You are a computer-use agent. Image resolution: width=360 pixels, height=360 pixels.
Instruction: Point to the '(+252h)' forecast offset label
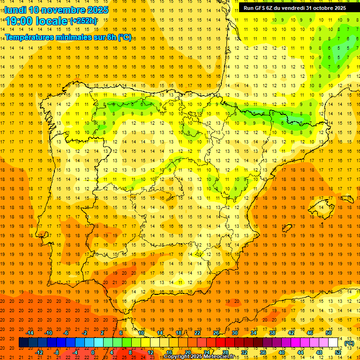click(x=83, y=21)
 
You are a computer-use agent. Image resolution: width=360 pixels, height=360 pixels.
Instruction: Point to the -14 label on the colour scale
click(x=30, y=333)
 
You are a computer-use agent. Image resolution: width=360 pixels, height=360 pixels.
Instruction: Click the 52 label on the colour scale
click(x=338, y=352)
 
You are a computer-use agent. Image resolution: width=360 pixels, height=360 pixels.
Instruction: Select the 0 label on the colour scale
click(x=93, y=352)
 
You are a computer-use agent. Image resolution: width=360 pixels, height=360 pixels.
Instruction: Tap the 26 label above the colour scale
click(x=216, y=333)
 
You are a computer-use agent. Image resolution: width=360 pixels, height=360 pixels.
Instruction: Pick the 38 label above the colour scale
click(x=272, y=333)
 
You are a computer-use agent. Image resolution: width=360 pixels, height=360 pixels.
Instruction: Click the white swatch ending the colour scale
click(x=333, y=343)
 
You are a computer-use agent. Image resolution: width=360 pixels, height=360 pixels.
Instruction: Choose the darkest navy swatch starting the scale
click(x=23, y=343)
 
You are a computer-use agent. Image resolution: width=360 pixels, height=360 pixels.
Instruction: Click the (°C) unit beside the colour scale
click(x=349, y=343)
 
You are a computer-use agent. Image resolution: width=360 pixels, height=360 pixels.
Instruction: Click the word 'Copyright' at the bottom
click(x=176, y=357)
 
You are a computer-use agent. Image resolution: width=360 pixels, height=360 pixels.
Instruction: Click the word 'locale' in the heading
click(x=50, y=21)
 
